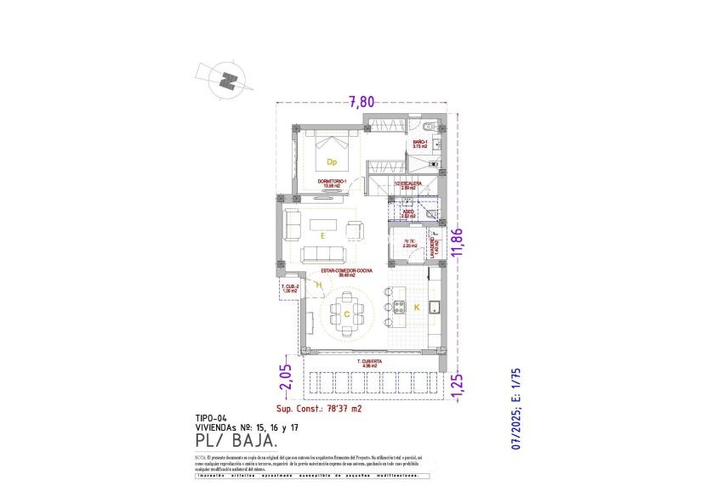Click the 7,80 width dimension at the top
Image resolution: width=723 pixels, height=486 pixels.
361,101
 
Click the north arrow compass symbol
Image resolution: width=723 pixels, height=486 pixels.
226,81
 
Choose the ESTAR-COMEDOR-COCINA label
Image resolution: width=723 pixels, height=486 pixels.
346,273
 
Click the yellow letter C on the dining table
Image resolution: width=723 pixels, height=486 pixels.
347,314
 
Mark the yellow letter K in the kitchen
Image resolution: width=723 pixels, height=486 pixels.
417,307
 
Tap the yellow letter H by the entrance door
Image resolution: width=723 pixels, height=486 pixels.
318,286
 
